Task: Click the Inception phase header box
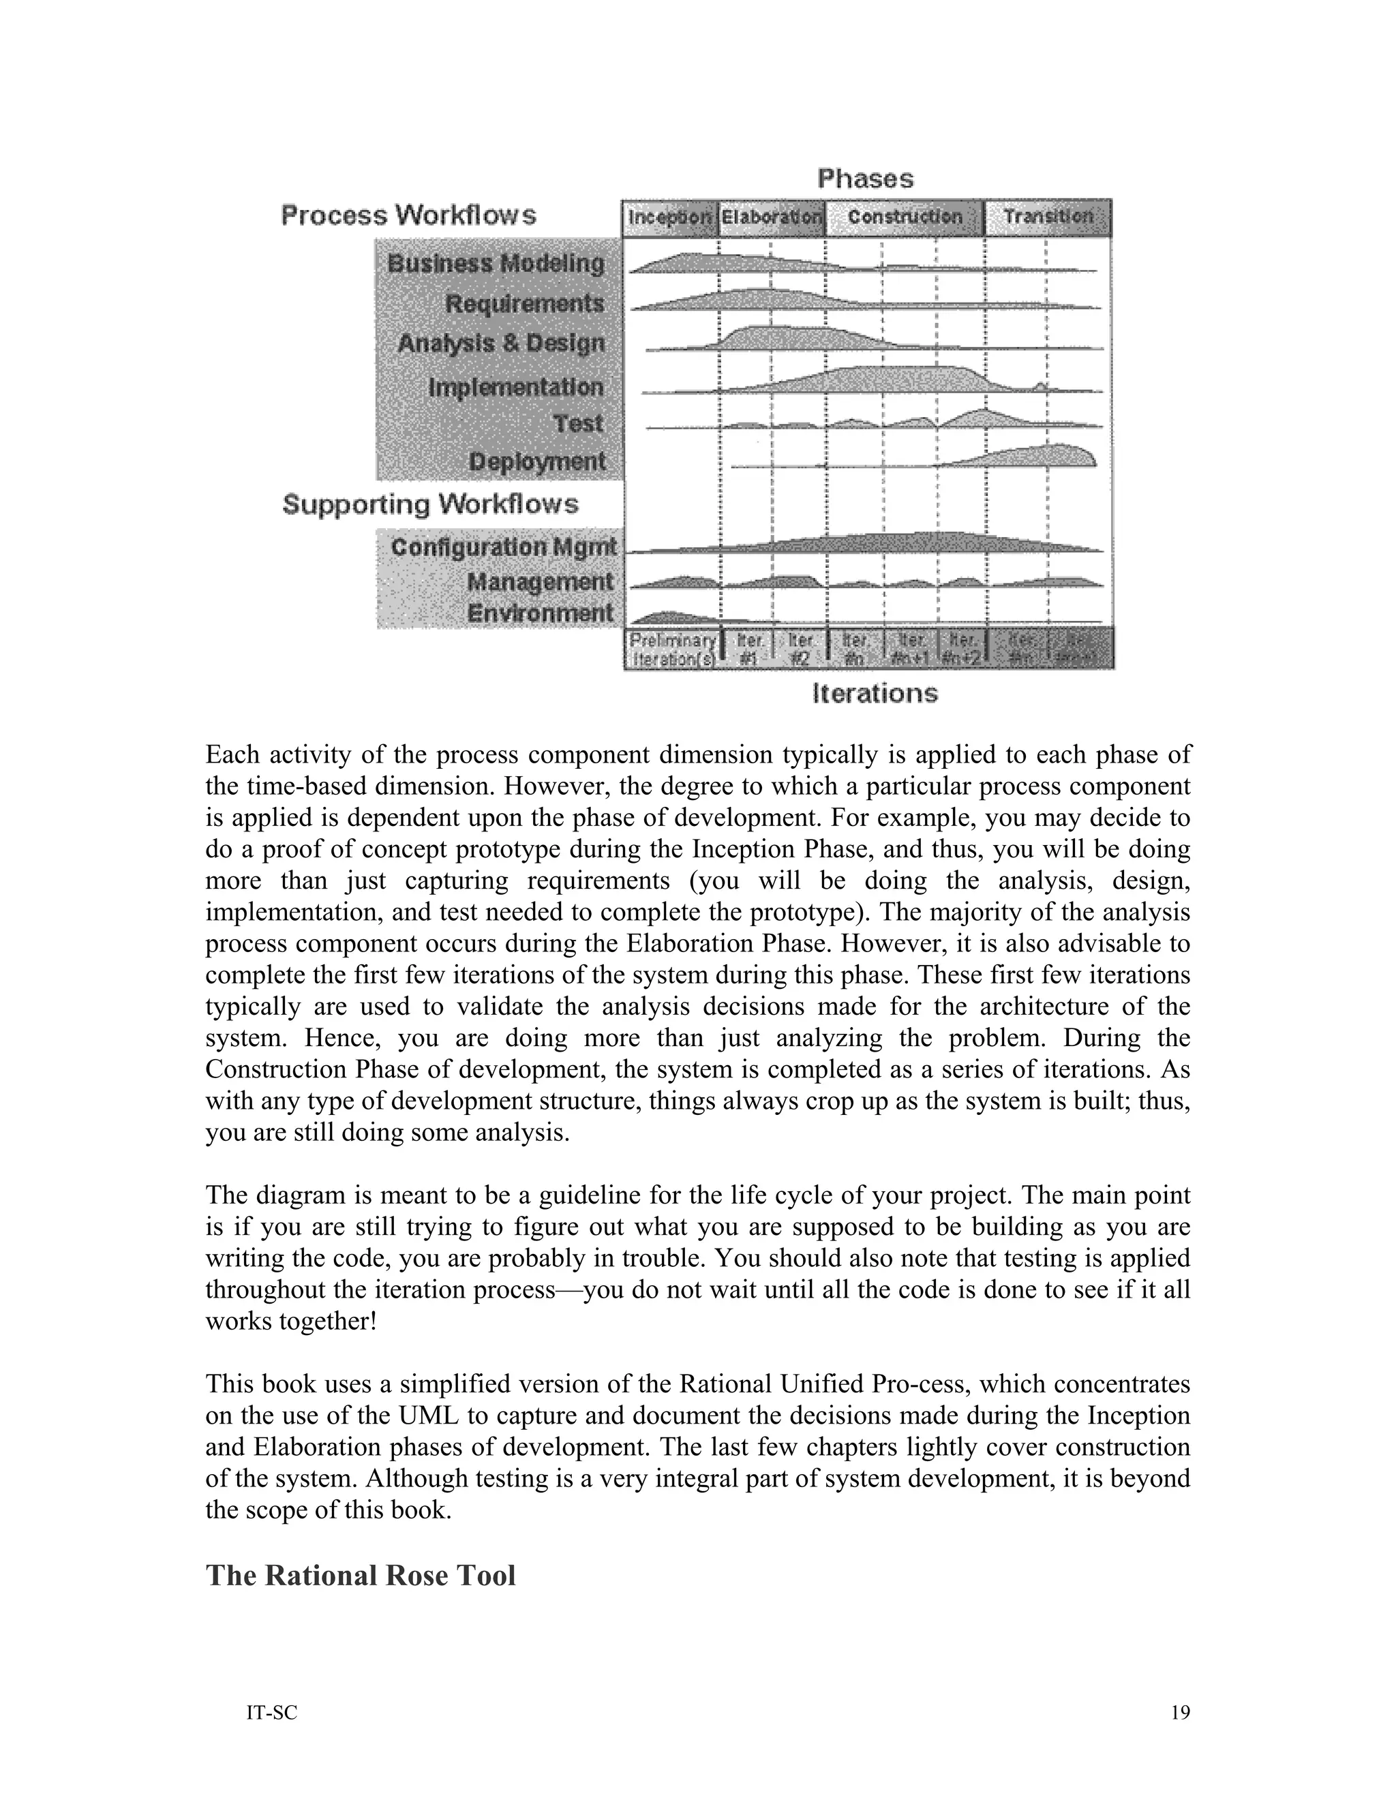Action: pos(669,217)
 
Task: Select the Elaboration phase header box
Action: pos(772,217)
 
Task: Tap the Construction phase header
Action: pos(905,217)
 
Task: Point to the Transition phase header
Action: pos(1048,217)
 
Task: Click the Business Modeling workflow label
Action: pos(496,264)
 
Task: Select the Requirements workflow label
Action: pos(525,303)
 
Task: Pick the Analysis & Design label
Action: pos(501,343)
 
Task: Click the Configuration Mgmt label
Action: pos(504,547)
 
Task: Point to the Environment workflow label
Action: pos(540,613)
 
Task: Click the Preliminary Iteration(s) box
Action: pos(671,649)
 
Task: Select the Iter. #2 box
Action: pos(800,649)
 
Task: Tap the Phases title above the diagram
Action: pos(865,179)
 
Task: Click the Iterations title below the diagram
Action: pos(875,693)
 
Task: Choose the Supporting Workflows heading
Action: pos(430,504)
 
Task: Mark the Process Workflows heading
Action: pos(408,216)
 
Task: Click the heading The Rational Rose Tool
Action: pos(361,1575)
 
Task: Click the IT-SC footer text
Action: pos(271,1713)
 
